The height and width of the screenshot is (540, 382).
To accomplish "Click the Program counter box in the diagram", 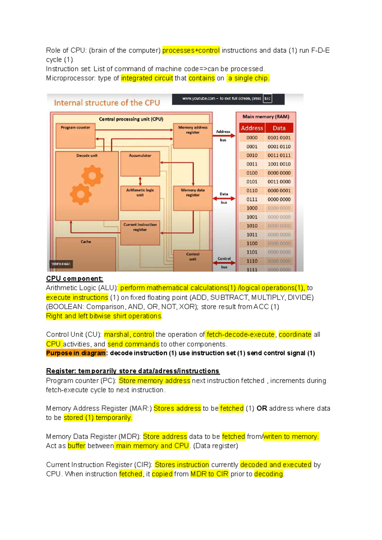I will tap(75, 136).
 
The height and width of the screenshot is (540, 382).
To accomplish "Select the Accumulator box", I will tap(140, 164).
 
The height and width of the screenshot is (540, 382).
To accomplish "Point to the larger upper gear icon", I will tap(92, 176).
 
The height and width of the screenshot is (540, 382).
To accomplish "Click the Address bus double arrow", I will tap(224, 136).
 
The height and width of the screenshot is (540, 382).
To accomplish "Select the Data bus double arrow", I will tap(224, 198).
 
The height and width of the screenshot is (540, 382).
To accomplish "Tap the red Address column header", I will tap(252, 128).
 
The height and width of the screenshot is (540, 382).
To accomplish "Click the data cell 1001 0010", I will tap(279, 164).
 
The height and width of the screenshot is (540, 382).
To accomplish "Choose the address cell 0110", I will tap(252, 191).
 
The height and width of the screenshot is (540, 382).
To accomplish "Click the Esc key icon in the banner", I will tap(267, 99).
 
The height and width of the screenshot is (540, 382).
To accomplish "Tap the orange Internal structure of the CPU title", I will tap(107, 103).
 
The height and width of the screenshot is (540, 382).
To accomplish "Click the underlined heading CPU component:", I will tap(74, 279).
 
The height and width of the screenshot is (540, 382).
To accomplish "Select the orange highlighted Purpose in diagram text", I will tap(76, 353).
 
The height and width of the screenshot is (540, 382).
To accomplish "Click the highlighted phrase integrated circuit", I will tap(147, 78).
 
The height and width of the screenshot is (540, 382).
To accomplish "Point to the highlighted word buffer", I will tap(76, 446).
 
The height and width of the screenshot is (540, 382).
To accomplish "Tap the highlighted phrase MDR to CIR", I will tap(209, 474).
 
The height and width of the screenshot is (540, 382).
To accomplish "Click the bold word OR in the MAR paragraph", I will tap(262, 408).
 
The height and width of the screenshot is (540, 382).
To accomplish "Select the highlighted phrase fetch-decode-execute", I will tap(240, 334).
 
